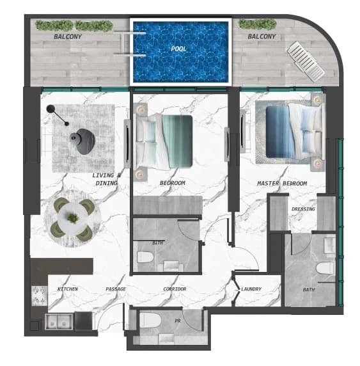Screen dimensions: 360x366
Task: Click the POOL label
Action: point(178,49)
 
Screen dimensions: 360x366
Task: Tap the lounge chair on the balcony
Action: point(306,61)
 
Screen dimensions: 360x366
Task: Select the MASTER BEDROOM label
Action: point(282,184)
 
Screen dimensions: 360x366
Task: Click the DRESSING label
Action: point(303,209)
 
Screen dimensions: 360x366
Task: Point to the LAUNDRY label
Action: point(251,289)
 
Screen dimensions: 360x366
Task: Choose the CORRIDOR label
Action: point(175,289)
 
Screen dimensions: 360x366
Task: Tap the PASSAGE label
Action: point(116,289)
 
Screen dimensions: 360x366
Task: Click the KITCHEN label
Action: point(68,289)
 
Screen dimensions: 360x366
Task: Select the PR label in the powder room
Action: point(178,321)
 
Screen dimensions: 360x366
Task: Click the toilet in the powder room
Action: point(150,320)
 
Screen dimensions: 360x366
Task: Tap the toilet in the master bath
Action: point(325,268)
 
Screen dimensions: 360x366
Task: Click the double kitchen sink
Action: point(59,321)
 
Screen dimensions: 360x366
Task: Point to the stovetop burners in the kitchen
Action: point(39,296)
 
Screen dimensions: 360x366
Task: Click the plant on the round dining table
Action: point(73,218)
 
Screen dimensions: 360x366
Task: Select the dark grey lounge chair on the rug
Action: point(83,141)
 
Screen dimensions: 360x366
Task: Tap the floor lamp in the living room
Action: point(57,115)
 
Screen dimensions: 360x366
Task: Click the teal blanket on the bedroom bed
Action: point(177,141)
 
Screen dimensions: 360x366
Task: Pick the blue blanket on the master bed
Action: point(279,132)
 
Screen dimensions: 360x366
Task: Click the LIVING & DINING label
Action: point(106,179)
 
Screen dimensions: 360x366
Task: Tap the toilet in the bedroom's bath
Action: point(145,257)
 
